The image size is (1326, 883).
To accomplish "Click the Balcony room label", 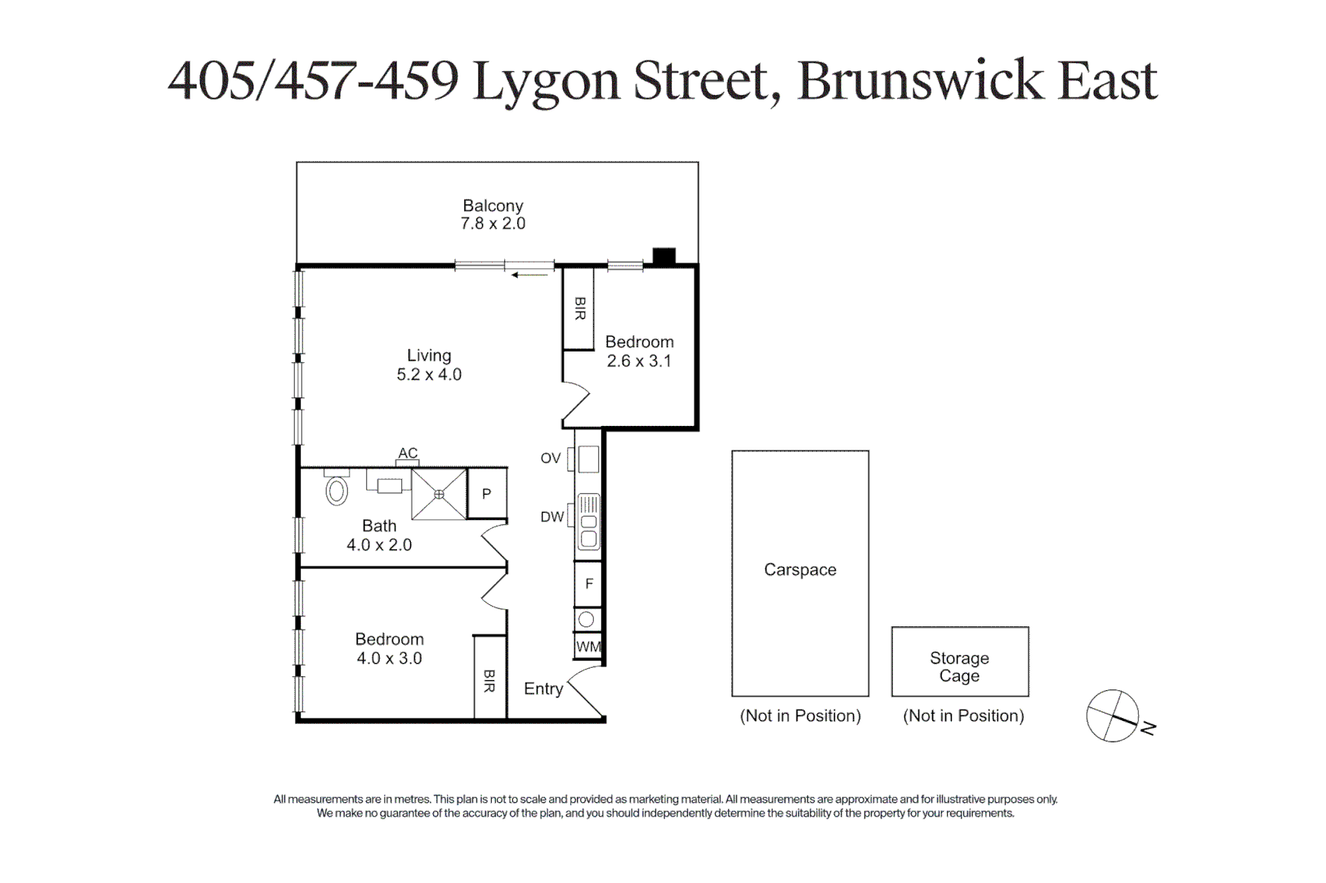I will tap(493, 206).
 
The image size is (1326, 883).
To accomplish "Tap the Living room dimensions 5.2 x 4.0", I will tap(429, 375).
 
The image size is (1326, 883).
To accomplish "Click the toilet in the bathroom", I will tap(337, 490).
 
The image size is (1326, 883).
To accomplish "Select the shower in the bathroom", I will tap(439, 494).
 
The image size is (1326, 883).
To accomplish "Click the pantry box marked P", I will tap(487, 494).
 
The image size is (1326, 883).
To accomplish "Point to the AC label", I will tap(408, 453).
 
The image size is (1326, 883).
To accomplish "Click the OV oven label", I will tap(550, 459).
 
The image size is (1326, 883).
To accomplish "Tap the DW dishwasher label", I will tap(551, 517).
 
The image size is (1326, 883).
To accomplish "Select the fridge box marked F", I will tap(588, 585).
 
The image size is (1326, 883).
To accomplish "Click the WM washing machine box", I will tap(588, 647).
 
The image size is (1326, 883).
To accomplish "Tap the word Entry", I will tap(543, 689).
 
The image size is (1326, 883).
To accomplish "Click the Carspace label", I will tap(800, 570).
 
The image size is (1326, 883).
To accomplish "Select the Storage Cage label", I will tap(959, 667).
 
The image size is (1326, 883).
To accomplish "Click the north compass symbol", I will tap(1113, 715).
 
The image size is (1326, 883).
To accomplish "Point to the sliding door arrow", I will tap(529, 276).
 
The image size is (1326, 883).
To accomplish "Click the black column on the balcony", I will tap(663, 256).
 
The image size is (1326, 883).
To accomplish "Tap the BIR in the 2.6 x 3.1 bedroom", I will tap(579, 308).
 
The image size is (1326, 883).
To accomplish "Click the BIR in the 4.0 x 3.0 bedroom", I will tap(489, 680).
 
